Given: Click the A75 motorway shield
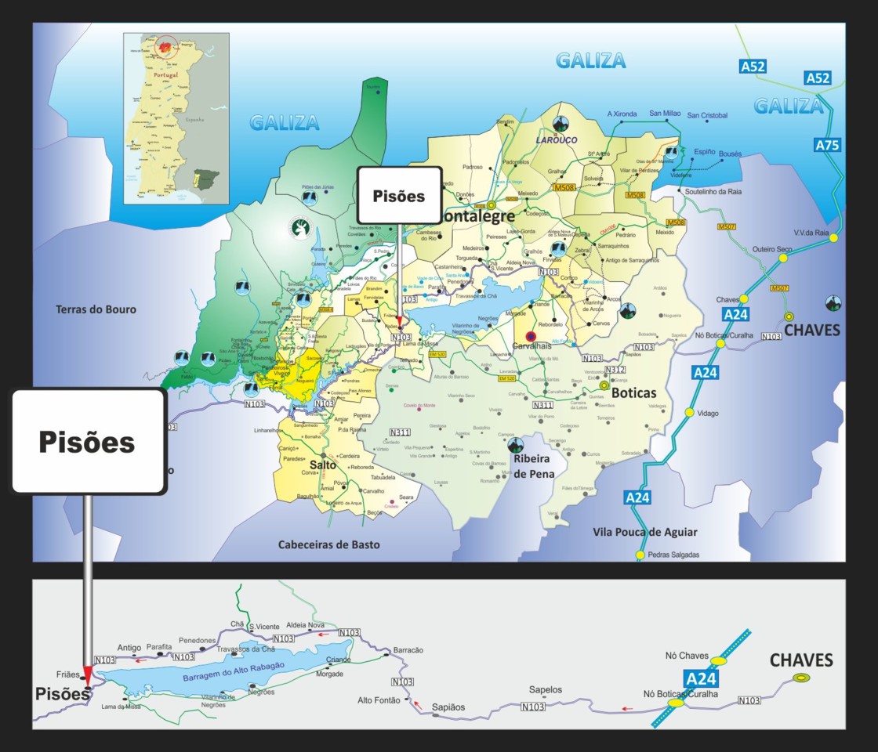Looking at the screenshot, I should click(827, 145).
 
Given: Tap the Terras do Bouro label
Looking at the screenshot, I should click(96, 309).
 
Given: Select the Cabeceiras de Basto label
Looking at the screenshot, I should click(328, 544).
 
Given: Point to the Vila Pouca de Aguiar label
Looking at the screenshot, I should click(644, 532).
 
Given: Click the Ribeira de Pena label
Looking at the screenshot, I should click(533, 467).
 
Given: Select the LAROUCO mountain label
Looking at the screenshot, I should click(556, 140).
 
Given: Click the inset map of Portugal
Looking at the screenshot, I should click(177, 117).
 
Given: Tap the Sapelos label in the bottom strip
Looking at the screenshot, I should click(546, 689).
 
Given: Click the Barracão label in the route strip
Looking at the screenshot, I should click(408, 650).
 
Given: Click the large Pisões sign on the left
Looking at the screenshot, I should click(88, 442).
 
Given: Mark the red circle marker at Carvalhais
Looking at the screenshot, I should click(531, 337).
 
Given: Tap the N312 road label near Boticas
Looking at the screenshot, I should click(615, 370).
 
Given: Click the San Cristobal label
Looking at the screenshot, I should click(707, 116).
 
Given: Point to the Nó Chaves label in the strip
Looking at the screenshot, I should click(687, 655).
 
